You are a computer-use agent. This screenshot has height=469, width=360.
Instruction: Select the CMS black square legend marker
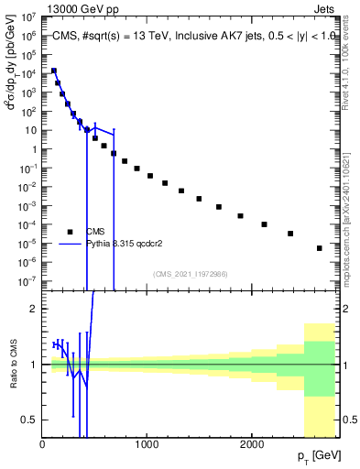70,232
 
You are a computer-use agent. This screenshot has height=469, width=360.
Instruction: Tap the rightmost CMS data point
320,248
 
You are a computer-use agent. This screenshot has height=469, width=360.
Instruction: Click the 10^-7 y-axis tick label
27,281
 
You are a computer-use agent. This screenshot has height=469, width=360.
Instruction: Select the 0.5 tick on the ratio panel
30,420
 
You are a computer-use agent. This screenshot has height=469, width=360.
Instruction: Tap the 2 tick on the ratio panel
35,309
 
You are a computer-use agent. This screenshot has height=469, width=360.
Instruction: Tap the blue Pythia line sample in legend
70,245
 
